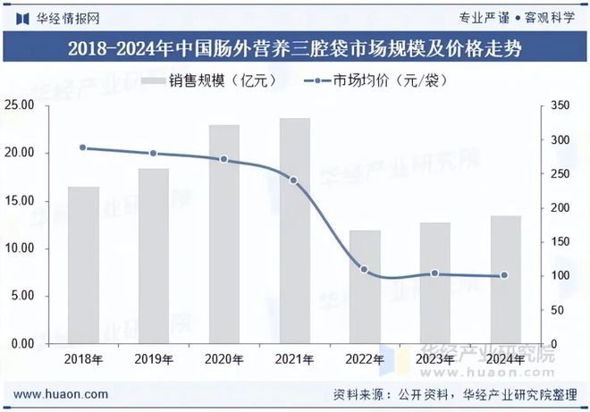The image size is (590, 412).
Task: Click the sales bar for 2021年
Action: coord(294,231)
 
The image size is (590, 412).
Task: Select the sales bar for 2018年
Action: coord(83,265)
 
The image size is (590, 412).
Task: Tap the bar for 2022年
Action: coord(365,287)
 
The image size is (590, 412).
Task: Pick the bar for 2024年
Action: coord(505,280)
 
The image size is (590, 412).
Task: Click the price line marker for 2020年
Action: coord(223,160)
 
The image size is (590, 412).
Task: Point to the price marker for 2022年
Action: coord(365,269)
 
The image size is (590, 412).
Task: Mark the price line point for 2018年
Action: coord(83,147)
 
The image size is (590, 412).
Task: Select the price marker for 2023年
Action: coord(434,273)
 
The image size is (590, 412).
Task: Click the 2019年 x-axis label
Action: coord(154,359)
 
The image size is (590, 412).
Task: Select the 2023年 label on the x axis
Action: coord(434,359)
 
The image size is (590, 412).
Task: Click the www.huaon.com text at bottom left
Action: coord(63,393)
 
